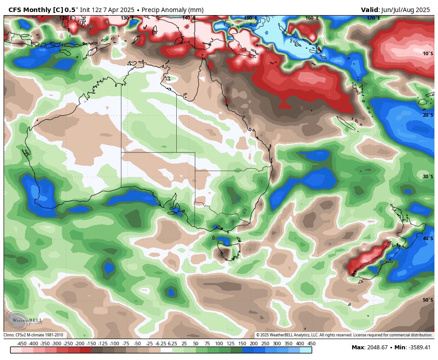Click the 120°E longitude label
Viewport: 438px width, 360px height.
66,18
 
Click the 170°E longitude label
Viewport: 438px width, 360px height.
373,18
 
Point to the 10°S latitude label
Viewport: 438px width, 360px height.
428,53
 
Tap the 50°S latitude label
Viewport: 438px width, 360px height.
428,300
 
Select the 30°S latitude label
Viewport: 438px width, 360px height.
428,176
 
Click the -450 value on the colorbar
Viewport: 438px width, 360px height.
21,344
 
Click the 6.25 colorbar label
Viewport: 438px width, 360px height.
172,344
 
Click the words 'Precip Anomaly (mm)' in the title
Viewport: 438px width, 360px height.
172,10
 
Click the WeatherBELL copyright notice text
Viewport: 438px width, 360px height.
344,335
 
